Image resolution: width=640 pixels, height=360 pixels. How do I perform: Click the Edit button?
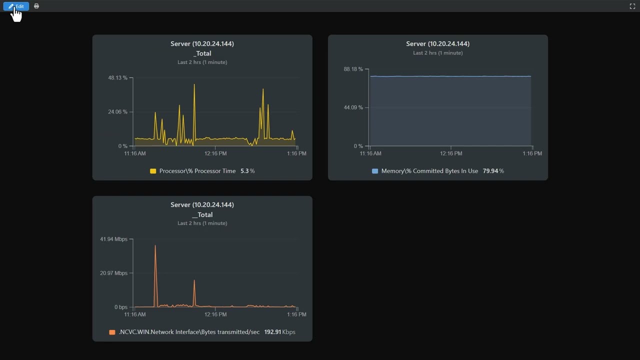pyautogui.click(x=16, y=6)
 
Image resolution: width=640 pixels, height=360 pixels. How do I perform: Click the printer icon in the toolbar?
pyautogui.click(x=36, y=6)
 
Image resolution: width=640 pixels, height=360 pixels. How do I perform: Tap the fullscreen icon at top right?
pyautogui.click(x=632, y=6)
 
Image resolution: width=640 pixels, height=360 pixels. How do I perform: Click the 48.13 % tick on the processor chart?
pyautogui.click(x=117, y=78)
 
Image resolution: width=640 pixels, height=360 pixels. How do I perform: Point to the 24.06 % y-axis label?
pyautogui.click(x=117, y=112)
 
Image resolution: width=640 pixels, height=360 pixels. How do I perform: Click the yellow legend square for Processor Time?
pyautogui.click(x=153, y=171)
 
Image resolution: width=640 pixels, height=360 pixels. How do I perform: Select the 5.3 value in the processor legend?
pyautogui.click(x=244, y=171)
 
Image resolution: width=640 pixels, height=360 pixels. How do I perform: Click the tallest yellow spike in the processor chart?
pyautogui.click(x=194, y=85)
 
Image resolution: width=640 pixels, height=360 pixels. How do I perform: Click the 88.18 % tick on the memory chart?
pyautogui.click(x=353, y=69)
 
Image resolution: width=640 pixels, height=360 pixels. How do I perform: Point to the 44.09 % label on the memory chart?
pyautogui.click(x=353, y=107)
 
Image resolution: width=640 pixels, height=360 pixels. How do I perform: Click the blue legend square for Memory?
pyautogui.click(x=375, y=171)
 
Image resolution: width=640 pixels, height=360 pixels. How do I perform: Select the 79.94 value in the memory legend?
pyautogui.click(x=490, y=171)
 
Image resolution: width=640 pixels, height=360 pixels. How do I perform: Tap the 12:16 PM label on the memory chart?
pyautogui.click(x=451, y=153)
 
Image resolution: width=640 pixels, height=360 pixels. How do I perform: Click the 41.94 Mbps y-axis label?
pyautogui.click(x=113, y=239)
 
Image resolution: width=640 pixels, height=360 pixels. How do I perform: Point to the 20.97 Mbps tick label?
pyautogui.click(x=113, y=273)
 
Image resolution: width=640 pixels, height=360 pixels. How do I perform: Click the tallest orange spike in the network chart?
pyautogui.click(x=155, y=246)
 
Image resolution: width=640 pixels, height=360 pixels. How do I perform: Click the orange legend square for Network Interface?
pyautogui.click(x=112, y=332)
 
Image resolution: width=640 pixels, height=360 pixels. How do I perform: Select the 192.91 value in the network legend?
pyautogui.click(x=272, y=332)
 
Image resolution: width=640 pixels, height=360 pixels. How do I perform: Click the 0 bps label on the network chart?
pyautogui.click(x=120, y=307)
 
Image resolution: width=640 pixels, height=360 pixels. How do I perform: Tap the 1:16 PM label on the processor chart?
pyautogui.click(x=296, y=153)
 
